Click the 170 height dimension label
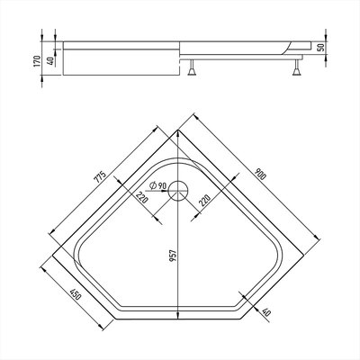[x=38, y=61]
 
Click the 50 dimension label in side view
[x=321, y=48]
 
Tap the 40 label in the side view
[x=50, y=61]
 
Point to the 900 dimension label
[x=260, y=174]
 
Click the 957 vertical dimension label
[x=173, y=256]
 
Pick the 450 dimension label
[x=75, y=294]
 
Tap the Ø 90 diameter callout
[x=157, y=185]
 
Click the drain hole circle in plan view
[x=178, y=191]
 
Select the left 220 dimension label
[x=141, y=197]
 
